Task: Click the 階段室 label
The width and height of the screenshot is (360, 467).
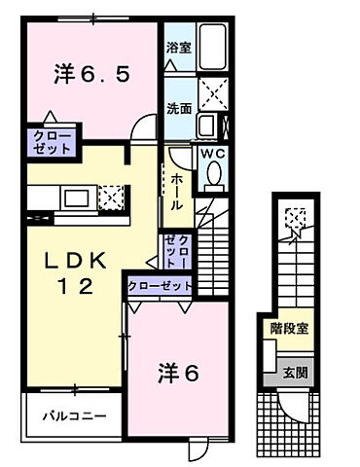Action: [x=289, y=328]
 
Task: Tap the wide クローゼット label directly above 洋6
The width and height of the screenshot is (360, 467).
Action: [x=159, y=286]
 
